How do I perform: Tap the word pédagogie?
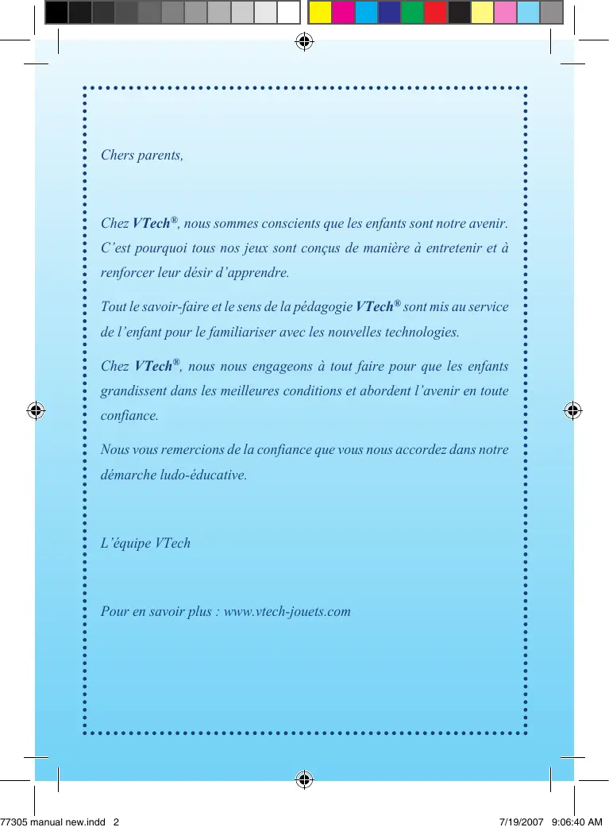click(326, 306)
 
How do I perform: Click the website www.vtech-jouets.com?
click(287, 611)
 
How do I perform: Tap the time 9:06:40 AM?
click(576, 823)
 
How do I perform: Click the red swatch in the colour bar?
click(435, 12)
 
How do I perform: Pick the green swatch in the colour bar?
click(412, 12)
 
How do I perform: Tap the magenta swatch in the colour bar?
click(342, 12)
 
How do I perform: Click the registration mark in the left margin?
click(36, 411)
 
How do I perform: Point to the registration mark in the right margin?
click(572, 411)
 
